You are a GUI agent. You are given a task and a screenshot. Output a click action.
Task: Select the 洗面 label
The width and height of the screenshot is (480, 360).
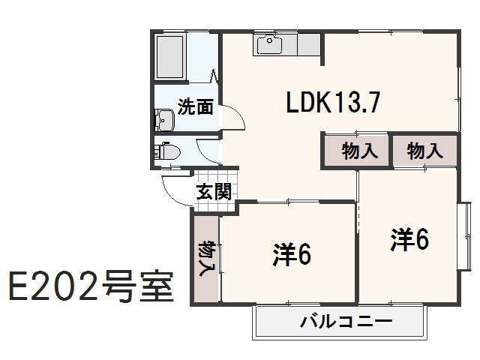(195, 106)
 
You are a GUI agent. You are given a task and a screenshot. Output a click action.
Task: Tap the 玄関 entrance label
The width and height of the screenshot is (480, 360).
(214, 191)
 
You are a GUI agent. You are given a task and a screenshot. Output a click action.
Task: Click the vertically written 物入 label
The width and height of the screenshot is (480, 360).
(205, 259)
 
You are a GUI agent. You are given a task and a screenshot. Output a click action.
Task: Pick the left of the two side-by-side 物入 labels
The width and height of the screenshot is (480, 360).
(359, 151)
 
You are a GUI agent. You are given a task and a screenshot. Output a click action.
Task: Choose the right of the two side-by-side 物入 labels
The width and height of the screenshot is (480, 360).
(424, 151)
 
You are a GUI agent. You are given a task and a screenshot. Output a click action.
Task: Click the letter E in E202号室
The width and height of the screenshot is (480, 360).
(19, 286)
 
